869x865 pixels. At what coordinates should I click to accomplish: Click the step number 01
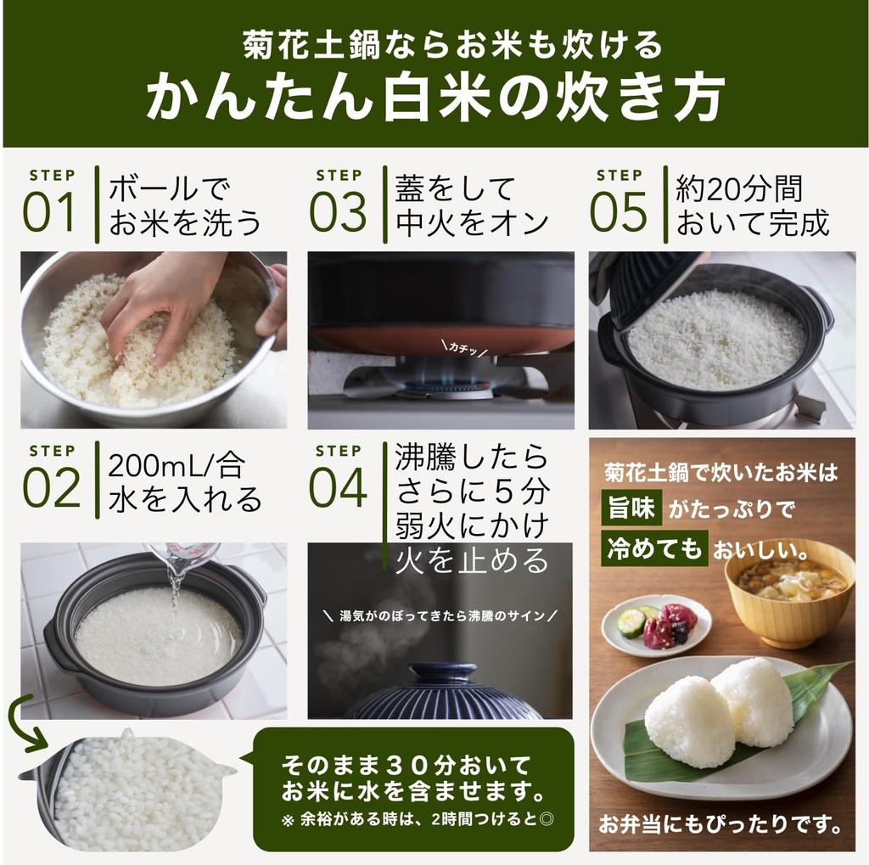[x=48, y=212]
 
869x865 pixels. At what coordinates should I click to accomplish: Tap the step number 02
[x=51, y=487]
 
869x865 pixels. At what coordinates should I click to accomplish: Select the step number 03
[x=338, y=212]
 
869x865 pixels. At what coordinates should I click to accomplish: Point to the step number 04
[x=338, y=487]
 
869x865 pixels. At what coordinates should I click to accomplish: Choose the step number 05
[x=618, y=212]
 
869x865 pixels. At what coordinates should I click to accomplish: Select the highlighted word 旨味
[x=631, y=508]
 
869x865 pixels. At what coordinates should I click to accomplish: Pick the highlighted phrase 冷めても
[x=654, y=548]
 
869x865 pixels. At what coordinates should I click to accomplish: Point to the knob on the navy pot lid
[x=441, y=674]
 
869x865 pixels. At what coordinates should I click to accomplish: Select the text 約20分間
[x=739, y=188]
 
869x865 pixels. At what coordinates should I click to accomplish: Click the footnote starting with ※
[x=418, y=819]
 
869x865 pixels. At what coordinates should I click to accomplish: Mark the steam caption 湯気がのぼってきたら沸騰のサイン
[x=440, y=615]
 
